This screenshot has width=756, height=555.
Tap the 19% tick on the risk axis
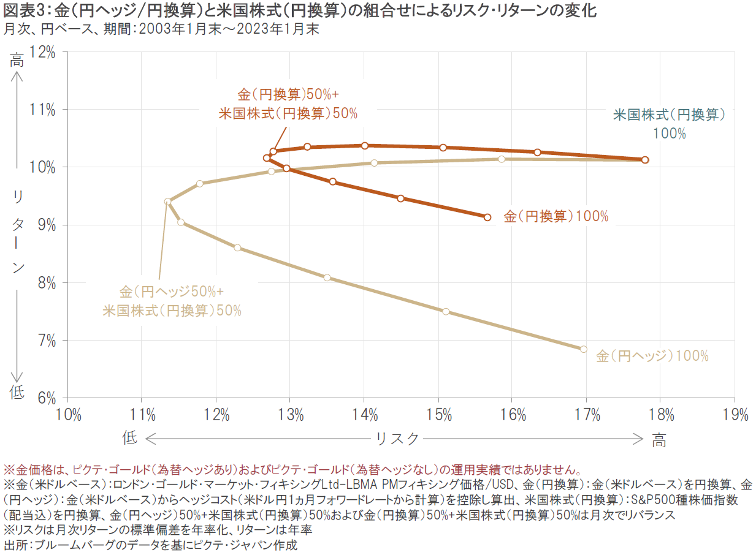[735, 415]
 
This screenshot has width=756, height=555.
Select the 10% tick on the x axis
[69, 415]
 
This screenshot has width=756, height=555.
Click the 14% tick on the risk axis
[365, 415]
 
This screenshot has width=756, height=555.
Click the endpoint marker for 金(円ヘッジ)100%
[583, 349]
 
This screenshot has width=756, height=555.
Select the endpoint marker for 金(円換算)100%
[487, 217]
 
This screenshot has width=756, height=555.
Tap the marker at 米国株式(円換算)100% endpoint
[645, 160]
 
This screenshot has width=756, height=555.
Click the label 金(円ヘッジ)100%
[652, 356]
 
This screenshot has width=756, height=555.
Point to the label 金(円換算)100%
[556, 216]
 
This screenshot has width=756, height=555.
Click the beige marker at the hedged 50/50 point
[167, 201]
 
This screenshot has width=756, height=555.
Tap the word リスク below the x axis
[397, 439]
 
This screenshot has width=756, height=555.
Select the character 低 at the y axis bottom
[17, 393]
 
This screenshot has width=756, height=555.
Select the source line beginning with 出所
[150, 545]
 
